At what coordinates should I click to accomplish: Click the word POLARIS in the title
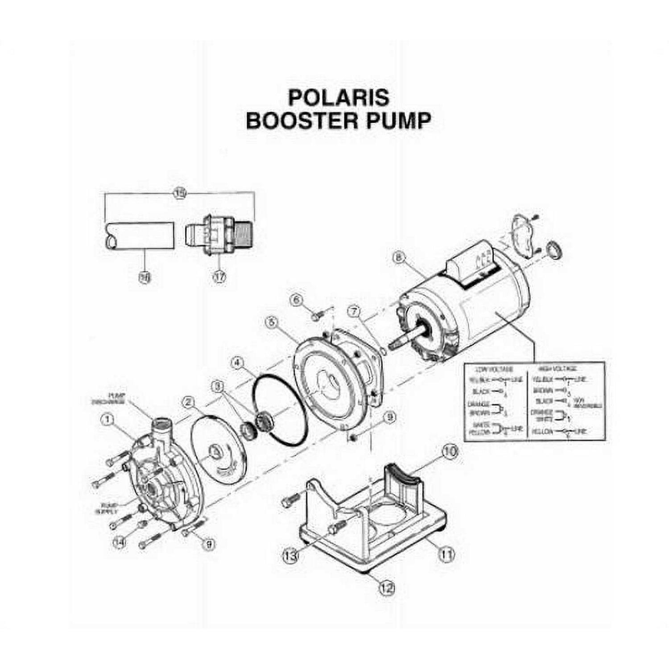[339, 98]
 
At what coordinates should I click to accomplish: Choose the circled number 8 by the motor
[399, 257]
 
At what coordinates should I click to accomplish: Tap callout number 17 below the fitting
[219, 277]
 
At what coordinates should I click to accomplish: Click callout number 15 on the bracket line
[179, 194]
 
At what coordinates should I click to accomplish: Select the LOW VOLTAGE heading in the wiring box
[494, 369]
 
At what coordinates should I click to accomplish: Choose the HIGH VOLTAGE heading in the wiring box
[557, 369]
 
